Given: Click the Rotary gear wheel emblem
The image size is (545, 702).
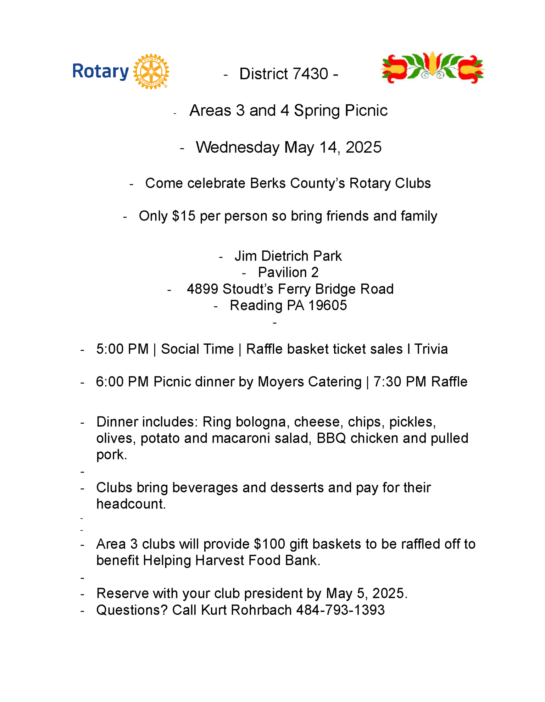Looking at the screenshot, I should coord(151,71).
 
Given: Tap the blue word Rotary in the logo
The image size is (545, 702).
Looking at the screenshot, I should coord(100,72).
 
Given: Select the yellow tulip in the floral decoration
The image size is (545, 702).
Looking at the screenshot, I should coord(432,64).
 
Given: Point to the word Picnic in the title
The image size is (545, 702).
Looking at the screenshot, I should coord(366,111).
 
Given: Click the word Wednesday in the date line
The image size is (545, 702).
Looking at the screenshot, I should coord(237,147).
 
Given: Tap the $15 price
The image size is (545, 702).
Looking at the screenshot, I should coord(184,216).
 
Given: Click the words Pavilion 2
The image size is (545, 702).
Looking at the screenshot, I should coord(288,272).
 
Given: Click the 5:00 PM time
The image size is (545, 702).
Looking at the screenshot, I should coord(122,349).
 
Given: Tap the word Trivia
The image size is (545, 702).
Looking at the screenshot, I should coord(431,349).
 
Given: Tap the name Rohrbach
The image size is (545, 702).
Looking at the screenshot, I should coord(261,610).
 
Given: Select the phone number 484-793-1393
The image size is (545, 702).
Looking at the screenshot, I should coord(340,610).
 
